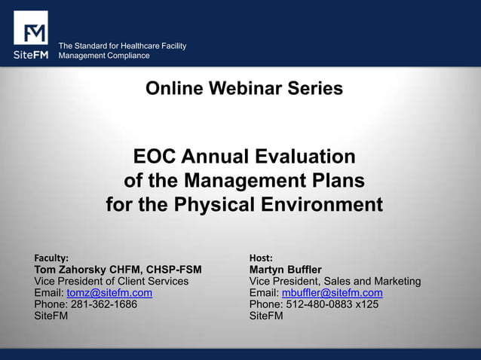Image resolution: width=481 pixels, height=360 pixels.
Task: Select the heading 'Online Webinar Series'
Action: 244,89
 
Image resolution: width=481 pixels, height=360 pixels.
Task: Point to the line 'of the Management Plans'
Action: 244,182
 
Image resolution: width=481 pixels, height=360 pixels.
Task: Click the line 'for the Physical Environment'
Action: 244,205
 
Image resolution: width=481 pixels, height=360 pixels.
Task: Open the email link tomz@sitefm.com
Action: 109,293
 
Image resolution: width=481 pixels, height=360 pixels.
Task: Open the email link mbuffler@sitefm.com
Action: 332,293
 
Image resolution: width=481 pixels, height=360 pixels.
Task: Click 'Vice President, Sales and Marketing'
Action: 335,282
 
